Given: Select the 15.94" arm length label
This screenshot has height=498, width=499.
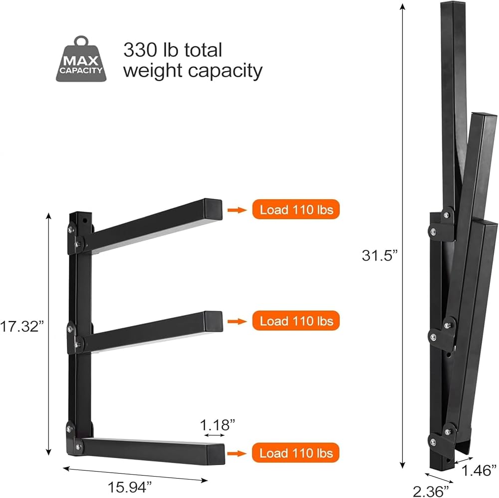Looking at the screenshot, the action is [130, 487].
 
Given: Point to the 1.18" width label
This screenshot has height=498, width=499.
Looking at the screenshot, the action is [218, 425].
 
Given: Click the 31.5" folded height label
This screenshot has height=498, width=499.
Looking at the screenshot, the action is [380, 255].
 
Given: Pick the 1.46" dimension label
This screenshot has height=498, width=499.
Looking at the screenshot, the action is [479, 471].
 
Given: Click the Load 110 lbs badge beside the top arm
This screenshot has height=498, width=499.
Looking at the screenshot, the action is [296, 209].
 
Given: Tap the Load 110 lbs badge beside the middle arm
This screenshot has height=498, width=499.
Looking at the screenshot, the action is [296, 321].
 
